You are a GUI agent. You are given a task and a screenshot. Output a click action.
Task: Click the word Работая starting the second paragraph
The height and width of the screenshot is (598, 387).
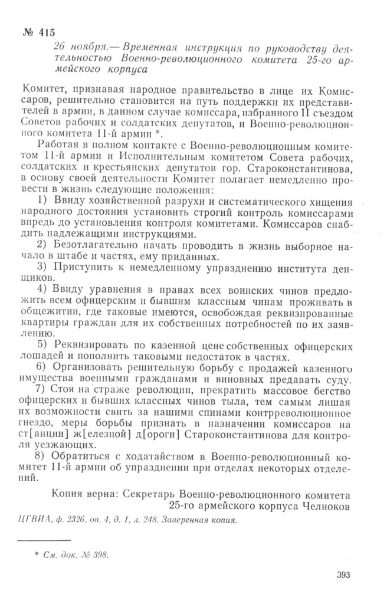click(x=59, y=146)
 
